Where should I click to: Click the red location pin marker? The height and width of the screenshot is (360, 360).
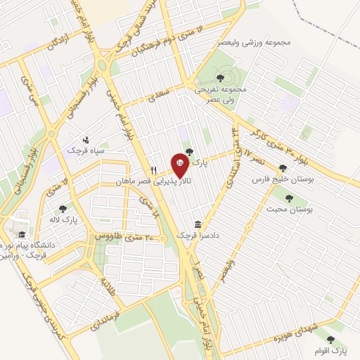tap(180, 161)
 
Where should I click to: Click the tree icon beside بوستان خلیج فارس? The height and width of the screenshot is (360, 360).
tap(283, 168)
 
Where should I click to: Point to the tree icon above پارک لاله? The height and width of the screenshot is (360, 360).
tap(63, 208)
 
